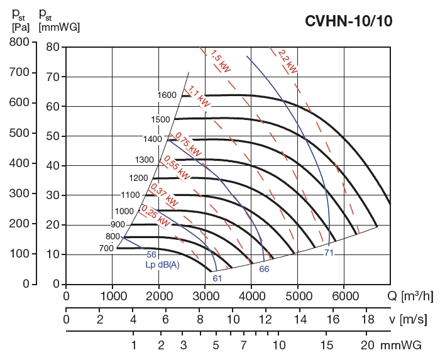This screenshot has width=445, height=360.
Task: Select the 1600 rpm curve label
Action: (167, 95)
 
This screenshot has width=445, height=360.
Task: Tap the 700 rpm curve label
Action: (106, 248)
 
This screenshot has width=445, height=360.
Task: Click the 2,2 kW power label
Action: (287, 60)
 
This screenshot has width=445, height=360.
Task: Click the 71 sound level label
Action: (329, 253)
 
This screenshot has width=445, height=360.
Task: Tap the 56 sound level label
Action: (151, 254)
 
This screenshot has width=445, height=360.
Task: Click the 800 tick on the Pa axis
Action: (21, 42)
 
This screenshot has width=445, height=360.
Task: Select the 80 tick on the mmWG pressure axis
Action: (52, 47)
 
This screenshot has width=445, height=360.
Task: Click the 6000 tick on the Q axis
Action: (344, 295)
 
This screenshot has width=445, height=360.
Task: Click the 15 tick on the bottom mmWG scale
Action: (326, 345)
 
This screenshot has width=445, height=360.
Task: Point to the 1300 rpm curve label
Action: (144, 159)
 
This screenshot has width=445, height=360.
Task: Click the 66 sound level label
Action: (264, 268)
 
